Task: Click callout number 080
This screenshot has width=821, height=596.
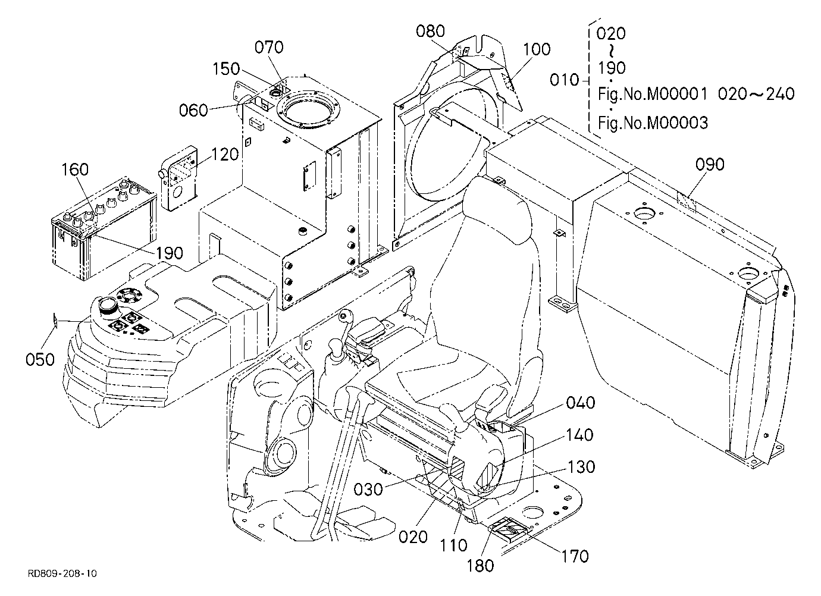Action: (x=430, y=32)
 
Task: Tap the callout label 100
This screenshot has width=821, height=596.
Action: (x=537, y=49)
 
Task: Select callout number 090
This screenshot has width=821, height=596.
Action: (x=710, y=165)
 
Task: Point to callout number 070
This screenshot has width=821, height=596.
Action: (x=269, y=48)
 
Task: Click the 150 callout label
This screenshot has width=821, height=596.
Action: (x=226, y=69)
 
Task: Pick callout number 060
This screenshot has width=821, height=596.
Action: (x=193, y=110)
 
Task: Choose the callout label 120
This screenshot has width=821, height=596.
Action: (x=225, y=155)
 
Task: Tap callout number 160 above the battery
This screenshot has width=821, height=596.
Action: (x=75, y=170)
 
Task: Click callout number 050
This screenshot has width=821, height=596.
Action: (x=40, y=360)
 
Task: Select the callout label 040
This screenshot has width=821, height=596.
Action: (x=581, y=403)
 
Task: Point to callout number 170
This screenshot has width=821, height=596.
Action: (x=575, y=556)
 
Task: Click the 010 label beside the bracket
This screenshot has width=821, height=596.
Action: (x=565, y=80)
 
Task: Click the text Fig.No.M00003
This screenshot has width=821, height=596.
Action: (x=653, y=123)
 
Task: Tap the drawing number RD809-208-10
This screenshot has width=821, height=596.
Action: (x=62, y=573)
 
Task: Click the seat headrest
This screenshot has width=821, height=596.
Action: (x=497, y=209)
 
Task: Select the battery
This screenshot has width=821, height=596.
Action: (x=105, y=229)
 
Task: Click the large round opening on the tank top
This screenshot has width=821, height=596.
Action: (x=308, y=110)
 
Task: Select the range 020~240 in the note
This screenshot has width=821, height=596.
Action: (x=756, y=94)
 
